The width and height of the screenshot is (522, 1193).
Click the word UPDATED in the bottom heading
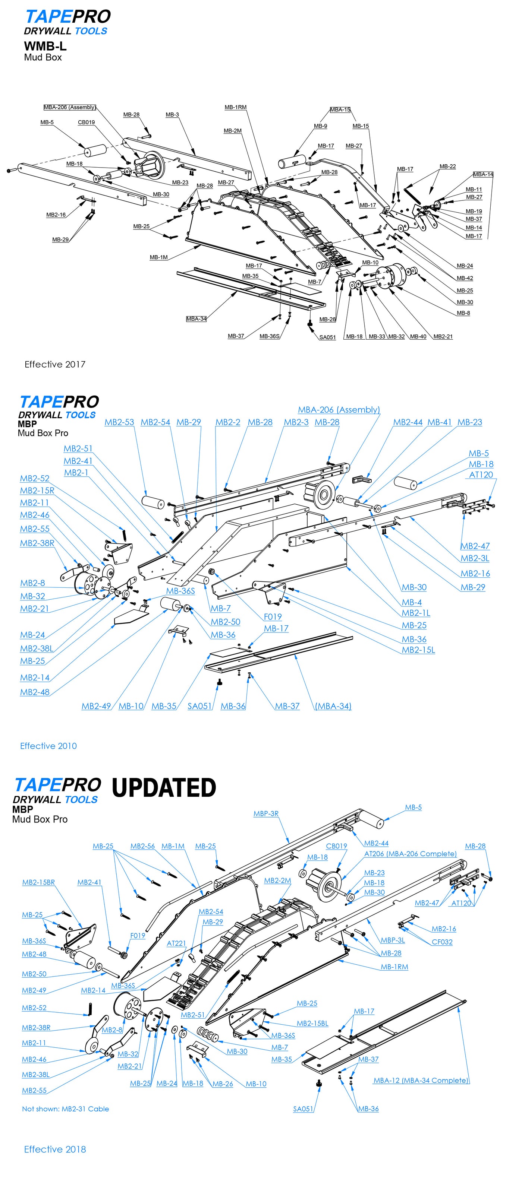(x=164, y=787)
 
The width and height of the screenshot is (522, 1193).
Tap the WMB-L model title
(x=45, y=46)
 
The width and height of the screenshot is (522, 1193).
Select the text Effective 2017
(x=55, y=365)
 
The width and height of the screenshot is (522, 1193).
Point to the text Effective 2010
(x=48, y=746)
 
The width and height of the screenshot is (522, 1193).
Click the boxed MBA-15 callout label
(x=340, y=110)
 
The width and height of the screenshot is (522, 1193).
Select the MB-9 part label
(x=320, y=126)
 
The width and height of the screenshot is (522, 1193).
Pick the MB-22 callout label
(x=447, y=166)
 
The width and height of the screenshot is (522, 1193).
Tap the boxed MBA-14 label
(x=483, y=174)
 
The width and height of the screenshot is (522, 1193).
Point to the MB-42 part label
(x=465, y=278)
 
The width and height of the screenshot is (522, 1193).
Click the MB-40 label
(x=418, y=336)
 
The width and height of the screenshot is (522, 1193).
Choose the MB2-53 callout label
(x=119, y=422)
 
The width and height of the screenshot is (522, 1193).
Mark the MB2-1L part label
(x=416, y=613)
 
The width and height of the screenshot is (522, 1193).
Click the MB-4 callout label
(x=412, y=602)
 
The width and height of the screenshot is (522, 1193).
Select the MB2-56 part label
(x=142, y=846)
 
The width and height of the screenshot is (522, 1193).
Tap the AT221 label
(x=176, y=943)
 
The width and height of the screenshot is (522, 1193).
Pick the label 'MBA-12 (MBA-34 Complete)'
(x=421, y=1081)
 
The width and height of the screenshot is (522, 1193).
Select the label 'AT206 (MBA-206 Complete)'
(x=410, y=854)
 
